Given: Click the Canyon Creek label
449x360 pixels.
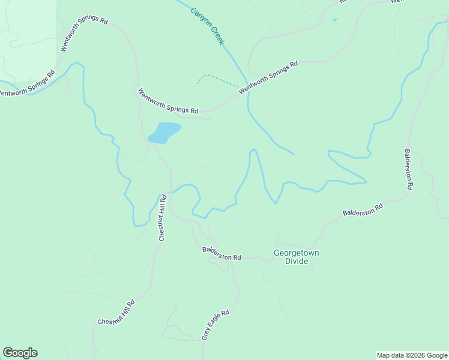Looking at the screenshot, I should pyautogui.click(x=207, y=26).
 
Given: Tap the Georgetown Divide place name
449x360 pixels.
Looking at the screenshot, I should pyautogui.click(x=296, y=257).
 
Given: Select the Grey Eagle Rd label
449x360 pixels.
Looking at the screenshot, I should pyautogui.click(x=215, y=325).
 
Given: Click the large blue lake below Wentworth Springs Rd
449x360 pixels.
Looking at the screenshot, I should pyautogui.click(x=164, y=132).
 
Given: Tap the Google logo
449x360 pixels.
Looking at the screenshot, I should pyautogui.click(x=20, y=353).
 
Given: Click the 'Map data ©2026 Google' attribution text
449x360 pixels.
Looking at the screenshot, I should pyautogui.click(x=412, y=355).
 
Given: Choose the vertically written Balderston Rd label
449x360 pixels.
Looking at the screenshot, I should pyautogui.click(x=408, y=169).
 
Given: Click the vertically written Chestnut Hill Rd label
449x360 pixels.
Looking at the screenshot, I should pyautogui.click(x=161, y=217).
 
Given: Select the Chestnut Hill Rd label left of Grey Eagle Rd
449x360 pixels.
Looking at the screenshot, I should pyautogui.click(x=116, y=313).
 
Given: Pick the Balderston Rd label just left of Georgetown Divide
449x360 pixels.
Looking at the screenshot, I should pyautogui.click(x=221, y=253).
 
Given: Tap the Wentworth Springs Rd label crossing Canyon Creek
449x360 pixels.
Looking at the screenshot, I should pyautogui.click(x=268, y=77).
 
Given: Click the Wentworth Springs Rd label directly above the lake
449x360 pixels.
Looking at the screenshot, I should pyautogui.click(x=167, y=101).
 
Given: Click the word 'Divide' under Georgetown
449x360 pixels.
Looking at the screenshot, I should pyautogui.click(x=296, y=261).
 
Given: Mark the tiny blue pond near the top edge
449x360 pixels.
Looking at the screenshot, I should pyautogui.click(x=334, y=20).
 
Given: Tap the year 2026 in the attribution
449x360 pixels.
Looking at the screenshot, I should pyautogui.click(x=410, y=355).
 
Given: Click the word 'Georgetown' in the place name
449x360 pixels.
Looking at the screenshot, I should pyautogui.click(x=296, y=253).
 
